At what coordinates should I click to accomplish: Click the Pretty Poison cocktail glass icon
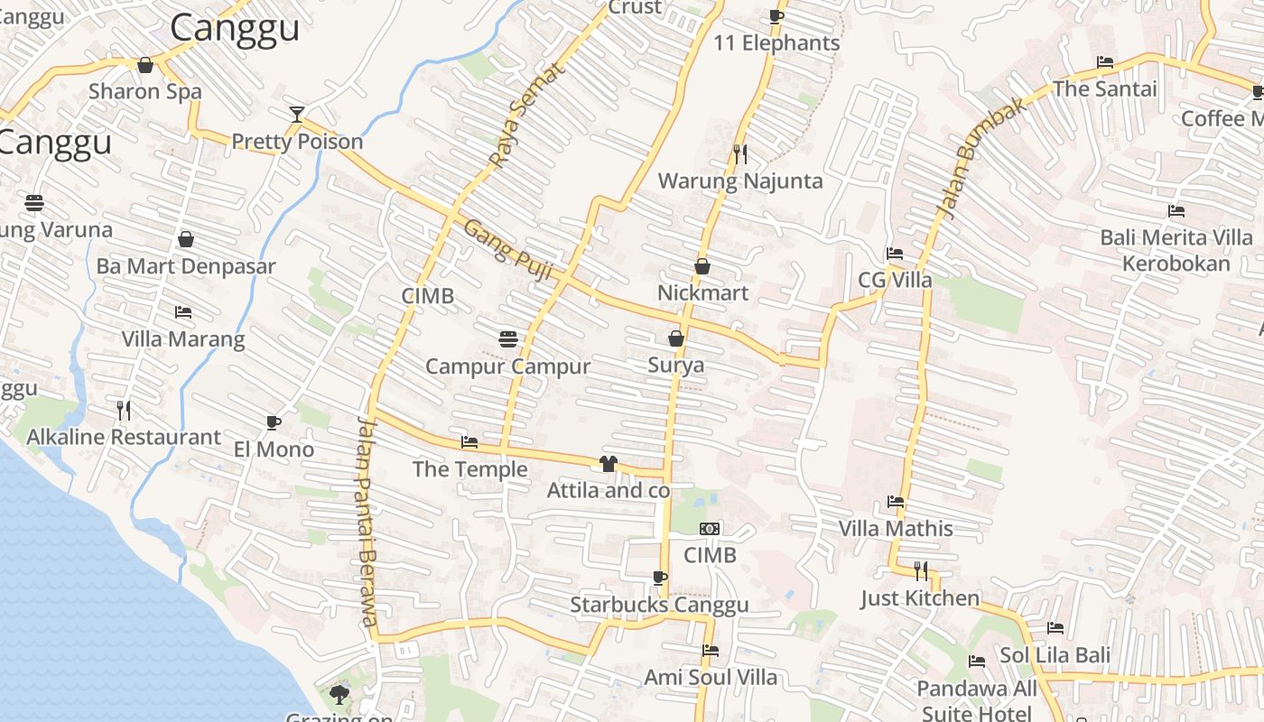pyautogui.click(x=297, y=114)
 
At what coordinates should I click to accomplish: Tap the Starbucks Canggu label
pyautogui.click(x=659, y=605)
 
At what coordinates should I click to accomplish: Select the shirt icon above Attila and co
pyautogui.click(x=608, y=464)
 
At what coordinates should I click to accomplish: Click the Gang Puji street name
pyautogui.click(x=507, y=249)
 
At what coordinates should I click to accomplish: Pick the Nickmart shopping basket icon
pyautogui.click(x=702, y=266)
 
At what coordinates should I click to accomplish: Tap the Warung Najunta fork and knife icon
pyautogui.click(x=740, y=153)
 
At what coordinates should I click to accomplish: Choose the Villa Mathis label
pyautogui.click(x=896, y=528)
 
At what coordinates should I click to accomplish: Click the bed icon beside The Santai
pyautogui.click(x=1105, y=62)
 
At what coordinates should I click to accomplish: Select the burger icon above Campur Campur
pyautogui.click(x=508, y=339)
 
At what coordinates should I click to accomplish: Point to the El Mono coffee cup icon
pyautogui.click(x=274, y=422)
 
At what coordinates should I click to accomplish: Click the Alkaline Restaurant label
pyautogui.click(x=124, y=438)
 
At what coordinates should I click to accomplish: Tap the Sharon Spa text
pyautogui.click(x=145, y=91)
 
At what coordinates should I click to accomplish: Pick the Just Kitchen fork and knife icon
pyautogui.click(x=921, y=570)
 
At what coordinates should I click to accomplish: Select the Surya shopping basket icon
pyautogui.click(x=676, y=338)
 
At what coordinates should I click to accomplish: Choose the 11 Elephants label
pyautogui.click(x=776, y=42)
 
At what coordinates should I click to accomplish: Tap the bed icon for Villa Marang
pyautogui.click(x=183, y=312)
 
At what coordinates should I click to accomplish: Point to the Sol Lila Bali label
pyautogui.click(x=1055, y=654)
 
